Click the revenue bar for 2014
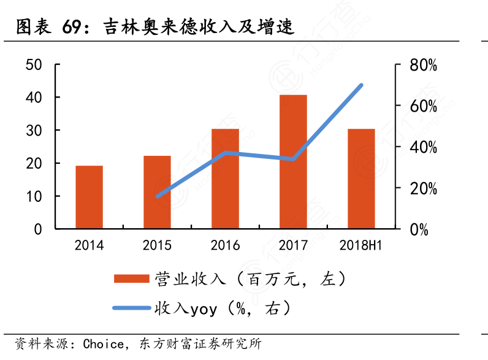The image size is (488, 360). point(89,197)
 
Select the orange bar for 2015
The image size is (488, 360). point(157,192)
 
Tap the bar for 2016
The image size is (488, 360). point(225,178)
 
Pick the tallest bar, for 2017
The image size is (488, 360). point(293,162)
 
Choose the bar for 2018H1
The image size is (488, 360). point(361,178)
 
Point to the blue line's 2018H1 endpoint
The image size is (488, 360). point(361,85)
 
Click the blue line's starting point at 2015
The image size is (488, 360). point(157,196)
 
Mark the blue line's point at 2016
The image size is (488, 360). point(225,152)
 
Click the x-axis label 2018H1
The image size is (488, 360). point(360,246)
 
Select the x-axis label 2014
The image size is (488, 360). point(89,246)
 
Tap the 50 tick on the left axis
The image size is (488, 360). point(34,64)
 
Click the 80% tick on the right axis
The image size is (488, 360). point(424,64)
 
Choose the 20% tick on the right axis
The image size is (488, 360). point(424,188)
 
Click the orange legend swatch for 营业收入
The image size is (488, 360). point(131,279)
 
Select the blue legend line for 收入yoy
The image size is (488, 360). point(131,308)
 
